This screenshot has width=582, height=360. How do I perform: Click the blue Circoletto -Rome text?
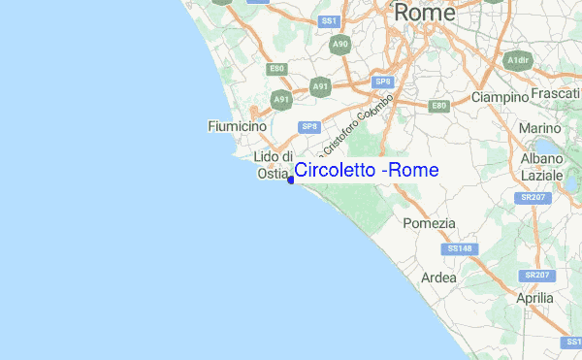[x=367, y=171]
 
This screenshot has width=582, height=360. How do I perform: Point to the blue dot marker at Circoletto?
[x=291, y=178]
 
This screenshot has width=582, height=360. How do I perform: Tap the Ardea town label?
[x=438, y=278]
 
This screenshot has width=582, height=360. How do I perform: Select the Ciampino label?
[x=499, y=97]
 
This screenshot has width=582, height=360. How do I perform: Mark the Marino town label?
[x=539, y=128]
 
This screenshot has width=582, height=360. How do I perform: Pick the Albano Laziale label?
[x=542, y=167]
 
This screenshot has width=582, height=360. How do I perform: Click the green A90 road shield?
[x=339, y=45]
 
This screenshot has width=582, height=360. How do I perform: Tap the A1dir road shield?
[x=518, y=60]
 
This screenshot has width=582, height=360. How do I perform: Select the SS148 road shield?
[x=460, y=249]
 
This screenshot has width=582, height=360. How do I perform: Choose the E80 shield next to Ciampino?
[x=439, y=105]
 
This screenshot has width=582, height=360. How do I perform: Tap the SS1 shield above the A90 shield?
[x=329, y=19]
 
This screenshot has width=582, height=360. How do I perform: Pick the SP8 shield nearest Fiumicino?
[x=309, y=126]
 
